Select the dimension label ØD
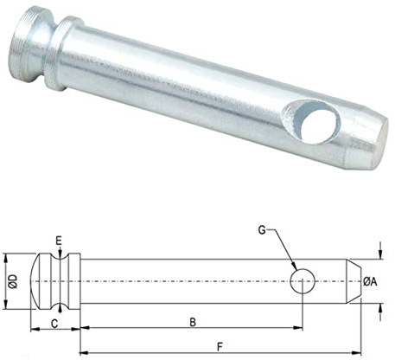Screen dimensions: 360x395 pyautogui.click(x=11, y=280)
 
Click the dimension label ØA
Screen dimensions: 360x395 pyautogui.click(x=369, y=280)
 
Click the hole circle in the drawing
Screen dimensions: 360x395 pyautogui.click(x=302, y=280)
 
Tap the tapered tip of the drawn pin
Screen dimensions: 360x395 pyautogui.click(x=354, y=280)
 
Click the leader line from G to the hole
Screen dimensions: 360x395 pyautogui.click(x=284, y=249)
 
